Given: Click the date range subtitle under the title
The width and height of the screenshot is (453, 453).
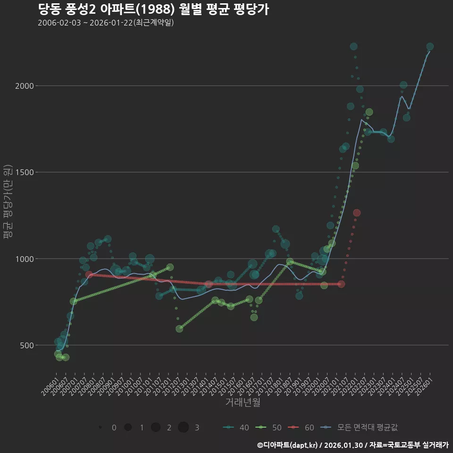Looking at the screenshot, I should (x=106, y=23).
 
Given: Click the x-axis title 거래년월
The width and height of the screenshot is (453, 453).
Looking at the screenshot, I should (x=243, y=403).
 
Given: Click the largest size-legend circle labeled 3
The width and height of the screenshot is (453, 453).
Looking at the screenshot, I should (x=184, y=428).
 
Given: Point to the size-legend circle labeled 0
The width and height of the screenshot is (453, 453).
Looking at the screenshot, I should (x=101, y=428).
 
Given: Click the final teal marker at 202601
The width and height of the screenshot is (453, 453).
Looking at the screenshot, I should (x=430, y=47).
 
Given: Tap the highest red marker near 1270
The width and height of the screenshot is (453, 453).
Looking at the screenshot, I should (x=357, y=213).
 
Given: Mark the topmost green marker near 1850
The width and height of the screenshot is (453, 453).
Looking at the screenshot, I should (x=369, y=112).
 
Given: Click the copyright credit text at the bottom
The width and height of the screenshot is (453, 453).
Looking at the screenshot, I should (x=352, y=445).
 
